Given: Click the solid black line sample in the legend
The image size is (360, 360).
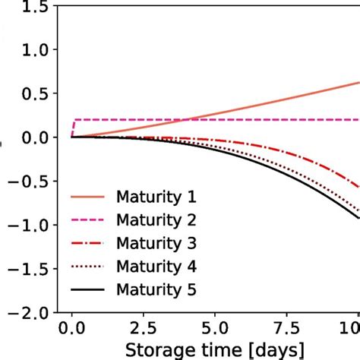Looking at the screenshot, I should tap(90, 290).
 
